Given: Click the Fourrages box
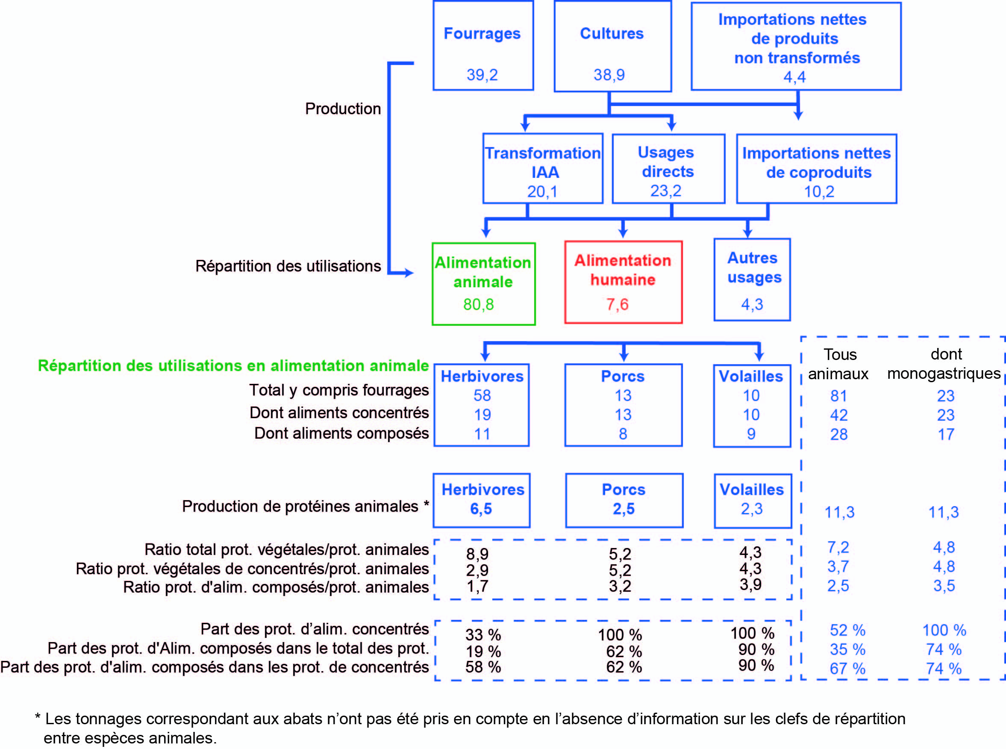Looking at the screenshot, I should [x=483, y=45].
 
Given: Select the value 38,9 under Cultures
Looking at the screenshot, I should [x=609, y=75].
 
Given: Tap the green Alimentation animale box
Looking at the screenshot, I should [x=483, y=284].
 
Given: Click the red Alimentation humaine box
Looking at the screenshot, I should [x=623, y=282].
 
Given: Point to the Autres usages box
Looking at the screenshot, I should [x=752, y=280].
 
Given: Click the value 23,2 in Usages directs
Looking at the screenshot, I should [x=666, y=191].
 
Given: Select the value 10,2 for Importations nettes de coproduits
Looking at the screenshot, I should [x=819, y=192].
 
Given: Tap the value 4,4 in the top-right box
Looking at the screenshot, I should [x=794, y=77].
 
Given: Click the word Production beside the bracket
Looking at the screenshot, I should [x=343, y=109].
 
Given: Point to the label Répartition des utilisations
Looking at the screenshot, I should [x=288, y=266].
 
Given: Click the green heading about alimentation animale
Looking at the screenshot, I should [x=233, y=366].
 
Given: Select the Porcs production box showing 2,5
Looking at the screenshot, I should [x=624, y=501].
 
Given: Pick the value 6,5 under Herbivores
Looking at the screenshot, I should [x=481, y=509].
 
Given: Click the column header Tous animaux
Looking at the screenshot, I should [x=839, y=364].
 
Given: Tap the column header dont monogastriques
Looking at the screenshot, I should [x=944, y=364].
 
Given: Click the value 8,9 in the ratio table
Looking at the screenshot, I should [x=477, y=554].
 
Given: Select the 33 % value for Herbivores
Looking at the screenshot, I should [x=483, y=634].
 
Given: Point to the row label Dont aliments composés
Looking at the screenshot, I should [x=342, y=433].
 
